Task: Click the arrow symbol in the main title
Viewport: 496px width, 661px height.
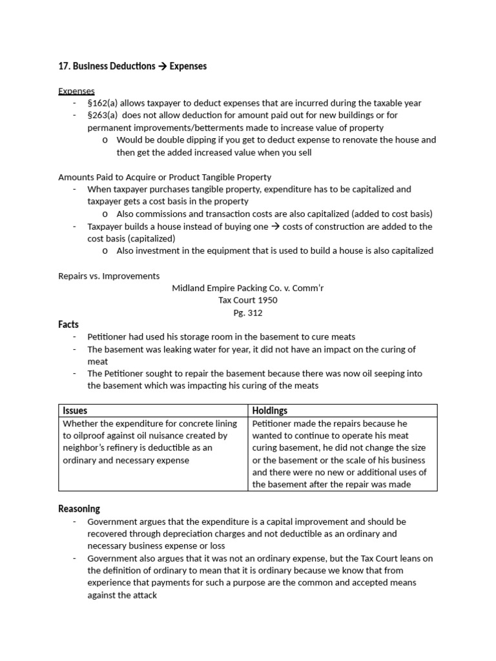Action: coord(162,66)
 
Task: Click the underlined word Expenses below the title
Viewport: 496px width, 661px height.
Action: coord(76,91)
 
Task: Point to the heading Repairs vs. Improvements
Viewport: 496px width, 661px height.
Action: coord(108,276)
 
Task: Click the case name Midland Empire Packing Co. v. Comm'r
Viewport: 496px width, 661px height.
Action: coord(247,289)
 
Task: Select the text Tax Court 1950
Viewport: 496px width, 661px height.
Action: coord(247,301)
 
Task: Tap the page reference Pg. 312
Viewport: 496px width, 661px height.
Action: coord(247,313)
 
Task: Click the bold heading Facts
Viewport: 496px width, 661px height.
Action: coord(68,325)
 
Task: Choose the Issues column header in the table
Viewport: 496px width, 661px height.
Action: coord(75,411)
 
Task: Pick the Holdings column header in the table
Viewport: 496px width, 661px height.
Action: coord(270,411)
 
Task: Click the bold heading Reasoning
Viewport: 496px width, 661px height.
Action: coord(79,509)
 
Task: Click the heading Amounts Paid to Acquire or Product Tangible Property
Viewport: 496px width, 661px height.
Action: coord(165,177)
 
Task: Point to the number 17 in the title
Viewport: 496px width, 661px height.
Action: coord(63,66)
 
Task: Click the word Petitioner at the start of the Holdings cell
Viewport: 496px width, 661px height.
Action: coord(273,423)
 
